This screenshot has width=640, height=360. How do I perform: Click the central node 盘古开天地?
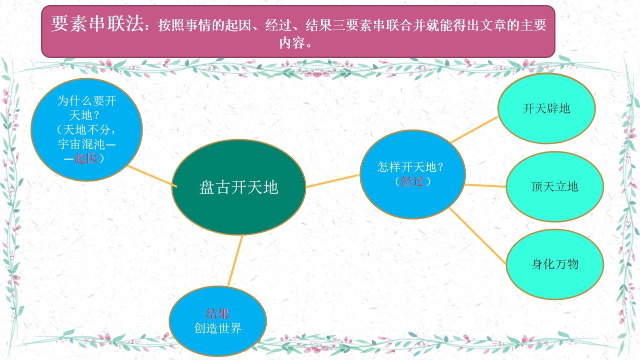239,187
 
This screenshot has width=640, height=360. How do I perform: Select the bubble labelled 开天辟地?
546,108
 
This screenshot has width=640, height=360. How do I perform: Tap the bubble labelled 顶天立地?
555,186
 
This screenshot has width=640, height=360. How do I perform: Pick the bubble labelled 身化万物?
555,264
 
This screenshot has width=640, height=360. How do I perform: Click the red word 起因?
86,158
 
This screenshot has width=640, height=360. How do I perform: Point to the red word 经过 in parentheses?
412,181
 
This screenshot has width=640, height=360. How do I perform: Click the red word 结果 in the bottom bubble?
218,314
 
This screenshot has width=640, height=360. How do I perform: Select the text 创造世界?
218,328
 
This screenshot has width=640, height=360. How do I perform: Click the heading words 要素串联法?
97,23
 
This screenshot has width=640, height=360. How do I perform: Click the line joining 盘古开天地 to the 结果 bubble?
235,260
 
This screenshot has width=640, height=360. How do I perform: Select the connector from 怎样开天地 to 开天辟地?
474,129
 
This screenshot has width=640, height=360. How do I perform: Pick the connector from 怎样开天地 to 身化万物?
478,236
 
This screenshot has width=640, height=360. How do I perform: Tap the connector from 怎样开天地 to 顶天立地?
485,186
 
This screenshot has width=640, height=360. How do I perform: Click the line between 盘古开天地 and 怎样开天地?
332,181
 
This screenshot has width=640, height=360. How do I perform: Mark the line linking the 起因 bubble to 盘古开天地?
152,176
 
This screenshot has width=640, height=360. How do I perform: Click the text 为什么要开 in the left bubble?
87,101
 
